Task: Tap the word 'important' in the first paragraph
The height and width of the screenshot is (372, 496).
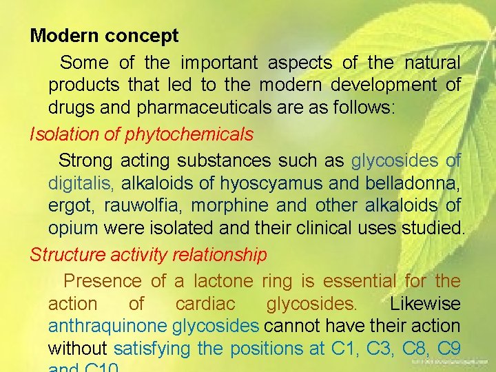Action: (219, 63)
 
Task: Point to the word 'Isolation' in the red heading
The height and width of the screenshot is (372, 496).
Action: (63, 134)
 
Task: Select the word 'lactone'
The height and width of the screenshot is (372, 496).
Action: (225, 281)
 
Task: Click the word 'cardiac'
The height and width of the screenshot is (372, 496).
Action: (205, 304)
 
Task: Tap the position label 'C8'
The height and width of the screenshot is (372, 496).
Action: (410, 349)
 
